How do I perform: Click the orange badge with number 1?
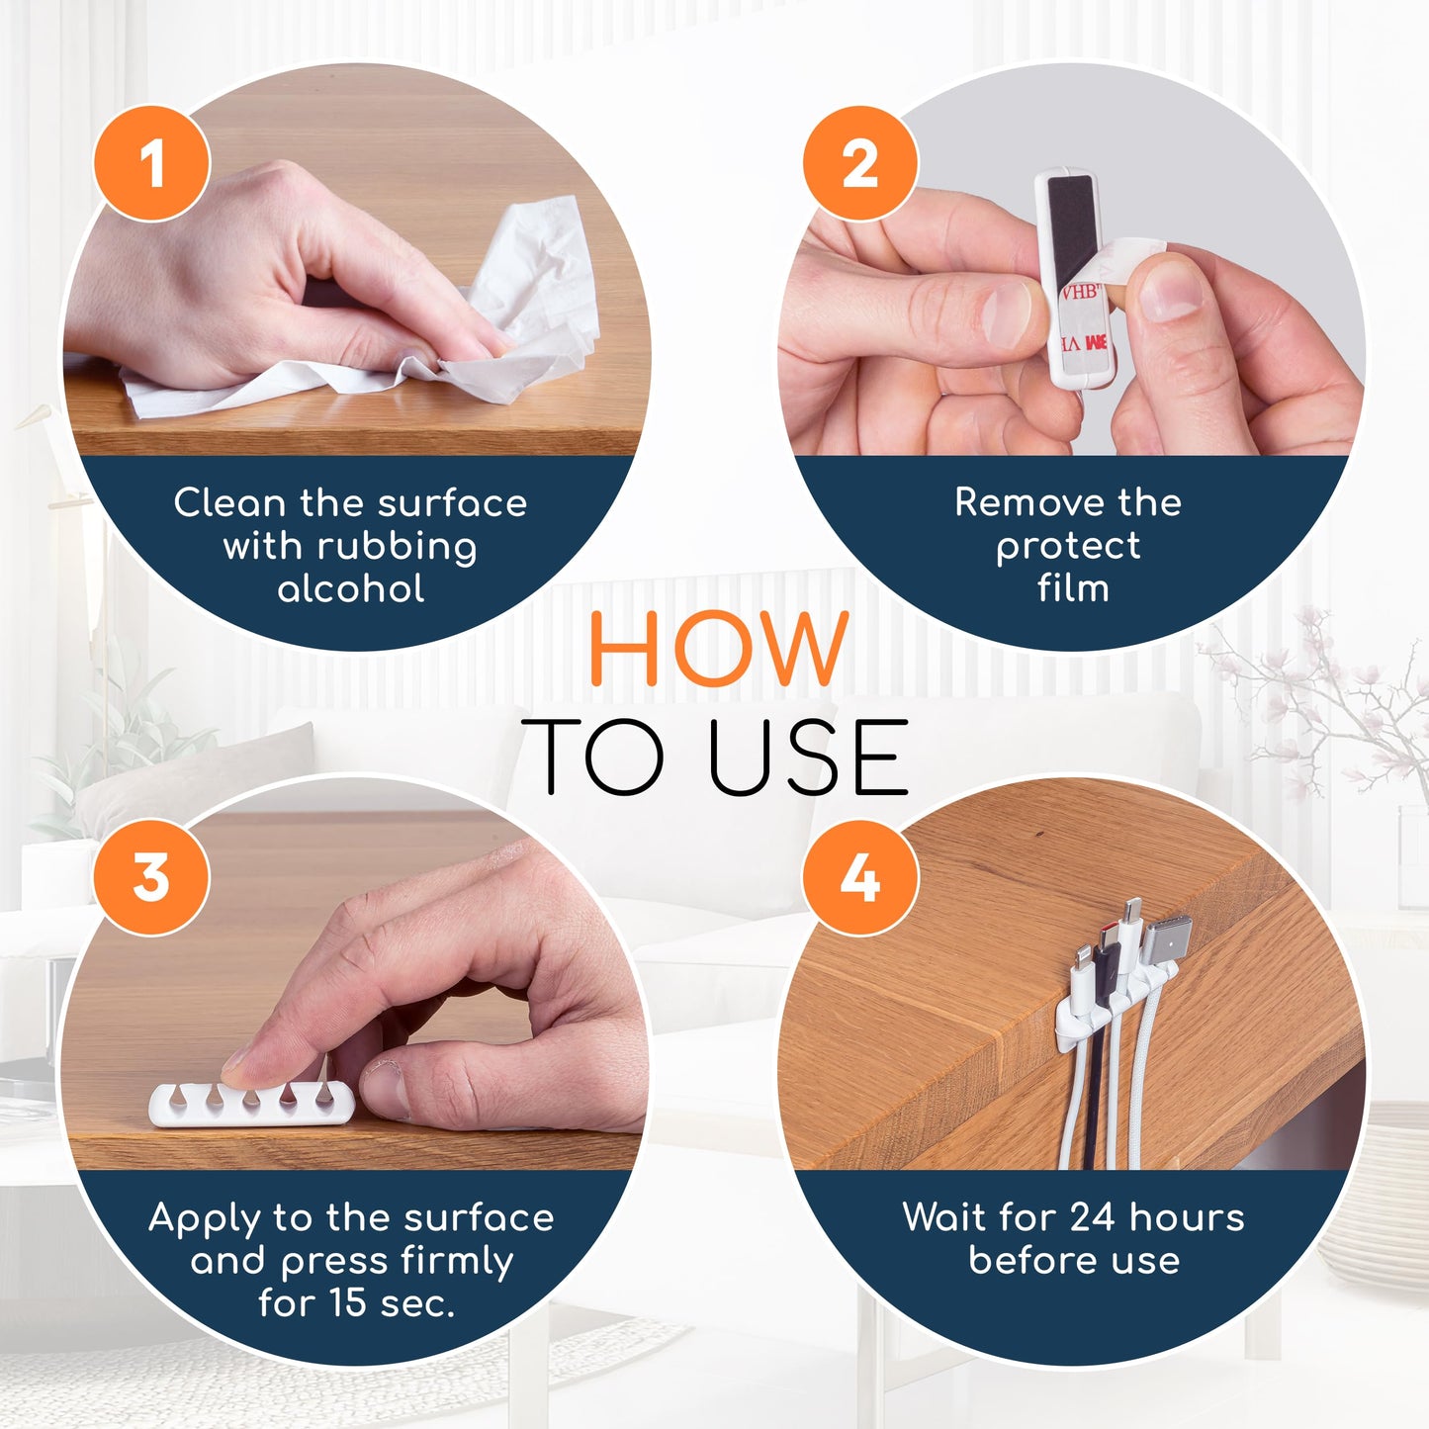pos(152,163)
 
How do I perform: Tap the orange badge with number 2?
pos(860,163)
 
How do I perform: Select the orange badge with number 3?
pos(152,877)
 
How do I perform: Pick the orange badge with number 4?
pos(860,877)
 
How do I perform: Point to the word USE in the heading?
pos(808,759)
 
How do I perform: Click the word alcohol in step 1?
pos(351,589)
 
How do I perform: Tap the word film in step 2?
pos(1073,589)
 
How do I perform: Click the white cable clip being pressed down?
pos(252,1104)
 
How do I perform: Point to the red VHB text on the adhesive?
pos(1080,293)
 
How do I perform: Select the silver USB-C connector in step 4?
pos(1167,940)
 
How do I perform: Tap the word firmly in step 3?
pos(457,1261)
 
